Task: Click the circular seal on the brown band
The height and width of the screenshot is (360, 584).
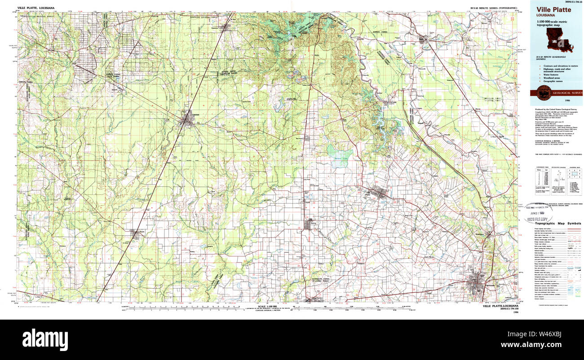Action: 544,93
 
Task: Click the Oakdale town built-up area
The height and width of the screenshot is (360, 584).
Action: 187,119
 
